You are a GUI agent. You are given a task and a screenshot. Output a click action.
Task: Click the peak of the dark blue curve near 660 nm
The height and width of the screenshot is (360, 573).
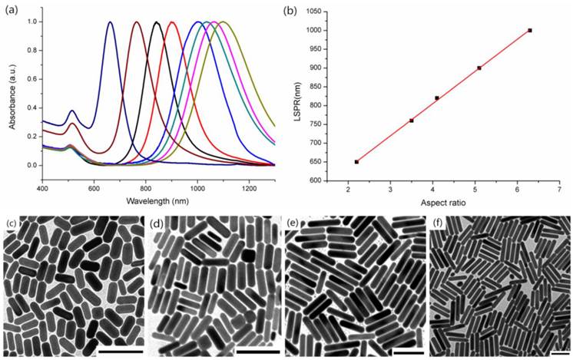(110, 22)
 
